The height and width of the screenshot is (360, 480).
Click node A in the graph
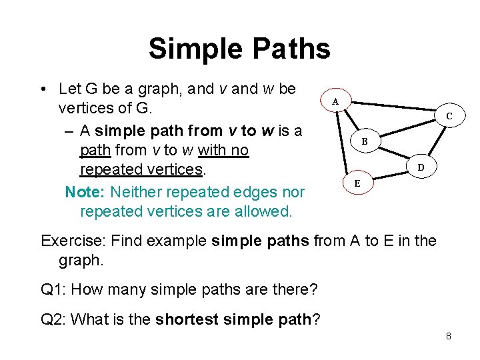point(335,101)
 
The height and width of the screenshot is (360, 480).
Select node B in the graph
point(365,141)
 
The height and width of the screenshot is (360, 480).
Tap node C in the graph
point(449,116)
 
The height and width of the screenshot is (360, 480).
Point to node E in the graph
point(357,182)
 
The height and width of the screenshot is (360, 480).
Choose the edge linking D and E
point(390,175)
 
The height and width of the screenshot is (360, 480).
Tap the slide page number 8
point(449,336)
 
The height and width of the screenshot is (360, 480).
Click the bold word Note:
point(85,193)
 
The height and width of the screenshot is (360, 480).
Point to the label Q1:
point(55,289)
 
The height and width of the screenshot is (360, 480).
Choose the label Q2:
point(55,319)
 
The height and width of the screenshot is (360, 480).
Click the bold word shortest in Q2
point(188,319)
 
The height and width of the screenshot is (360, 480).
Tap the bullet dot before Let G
point(43,90)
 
